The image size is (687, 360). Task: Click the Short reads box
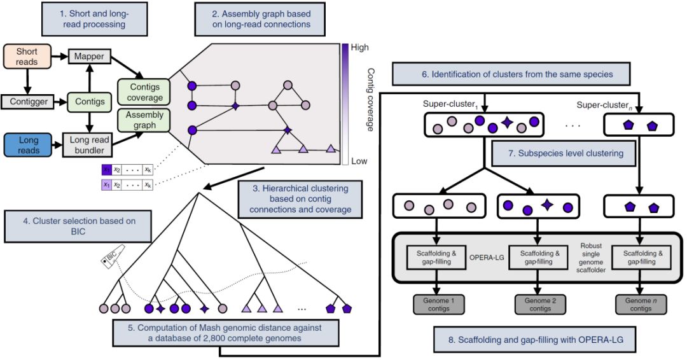(x=27, y=57)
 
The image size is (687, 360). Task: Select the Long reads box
(x=29, y=146)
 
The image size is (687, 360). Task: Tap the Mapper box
(x=89, y=56)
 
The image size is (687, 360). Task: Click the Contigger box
(x=29, y=102)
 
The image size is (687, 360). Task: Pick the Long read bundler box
(x=89, y=145)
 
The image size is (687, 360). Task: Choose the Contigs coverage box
(x=144, y=92)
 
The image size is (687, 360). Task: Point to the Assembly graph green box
(x=144, y=120)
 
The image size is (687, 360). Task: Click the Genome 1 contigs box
(x=438, y=305)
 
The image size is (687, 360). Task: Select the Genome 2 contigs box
(x=540, y=305)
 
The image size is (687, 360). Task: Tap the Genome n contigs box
(x=641, y=305)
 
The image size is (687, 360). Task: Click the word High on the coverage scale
(x=359, y=47)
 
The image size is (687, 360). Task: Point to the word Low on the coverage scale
(x=359, y=161)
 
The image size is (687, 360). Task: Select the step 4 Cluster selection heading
(x=78, y=226)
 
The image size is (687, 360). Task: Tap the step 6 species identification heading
(x=511, y=74)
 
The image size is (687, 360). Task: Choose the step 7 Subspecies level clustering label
(x=564, y=153)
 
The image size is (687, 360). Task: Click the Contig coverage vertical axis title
(x=370, y=100)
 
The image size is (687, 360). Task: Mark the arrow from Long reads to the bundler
(x=58, y=146)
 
